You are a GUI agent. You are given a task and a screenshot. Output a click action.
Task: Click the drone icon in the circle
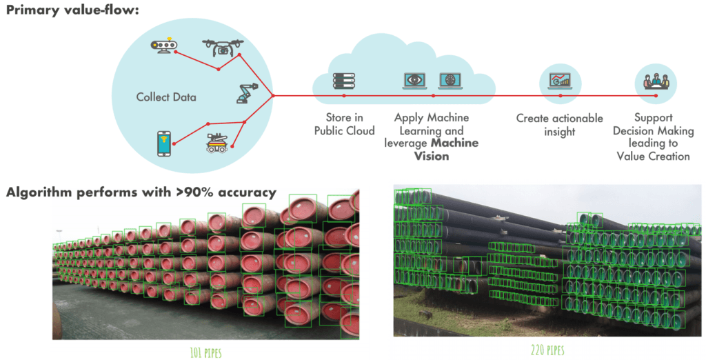223,48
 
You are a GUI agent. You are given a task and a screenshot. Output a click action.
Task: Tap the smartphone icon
164,143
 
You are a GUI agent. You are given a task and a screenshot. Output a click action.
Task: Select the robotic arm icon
248,93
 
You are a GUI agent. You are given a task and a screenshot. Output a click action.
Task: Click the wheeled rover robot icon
217,143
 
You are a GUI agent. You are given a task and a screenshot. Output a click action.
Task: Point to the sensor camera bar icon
164,46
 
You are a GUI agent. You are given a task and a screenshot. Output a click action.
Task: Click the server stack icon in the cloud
344,81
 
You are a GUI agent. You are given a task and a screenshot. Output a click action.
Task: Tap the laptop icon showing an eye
414,81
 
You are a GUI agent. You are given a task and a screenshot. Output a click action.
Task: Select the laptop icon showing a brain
450,81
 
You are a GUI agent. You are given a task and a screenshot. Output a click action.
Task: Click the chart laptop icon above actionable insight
560,81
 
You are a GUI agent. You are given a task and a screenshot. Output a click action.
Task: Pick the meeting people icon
656,81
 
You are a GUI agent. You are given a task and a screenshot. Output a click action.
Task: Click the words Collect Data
166,97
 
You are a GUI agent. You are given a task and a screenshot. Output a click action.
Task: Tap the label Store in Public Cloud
345,124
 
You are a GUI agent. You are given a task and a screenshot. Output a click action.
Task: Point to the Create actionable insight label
560,125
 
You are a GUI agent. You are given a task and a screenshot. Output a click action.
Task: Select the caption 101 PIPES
205,352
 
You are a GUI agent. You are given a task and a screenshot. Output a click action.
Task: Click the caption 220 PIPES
547,350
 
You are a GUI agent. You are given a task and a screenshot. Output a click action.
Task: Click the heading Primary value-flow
72,10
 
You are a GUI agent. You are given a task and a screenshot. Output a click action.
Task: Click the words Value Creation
654,157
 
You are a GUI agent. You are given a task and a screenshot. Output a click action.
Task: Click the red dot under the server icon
344,96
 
